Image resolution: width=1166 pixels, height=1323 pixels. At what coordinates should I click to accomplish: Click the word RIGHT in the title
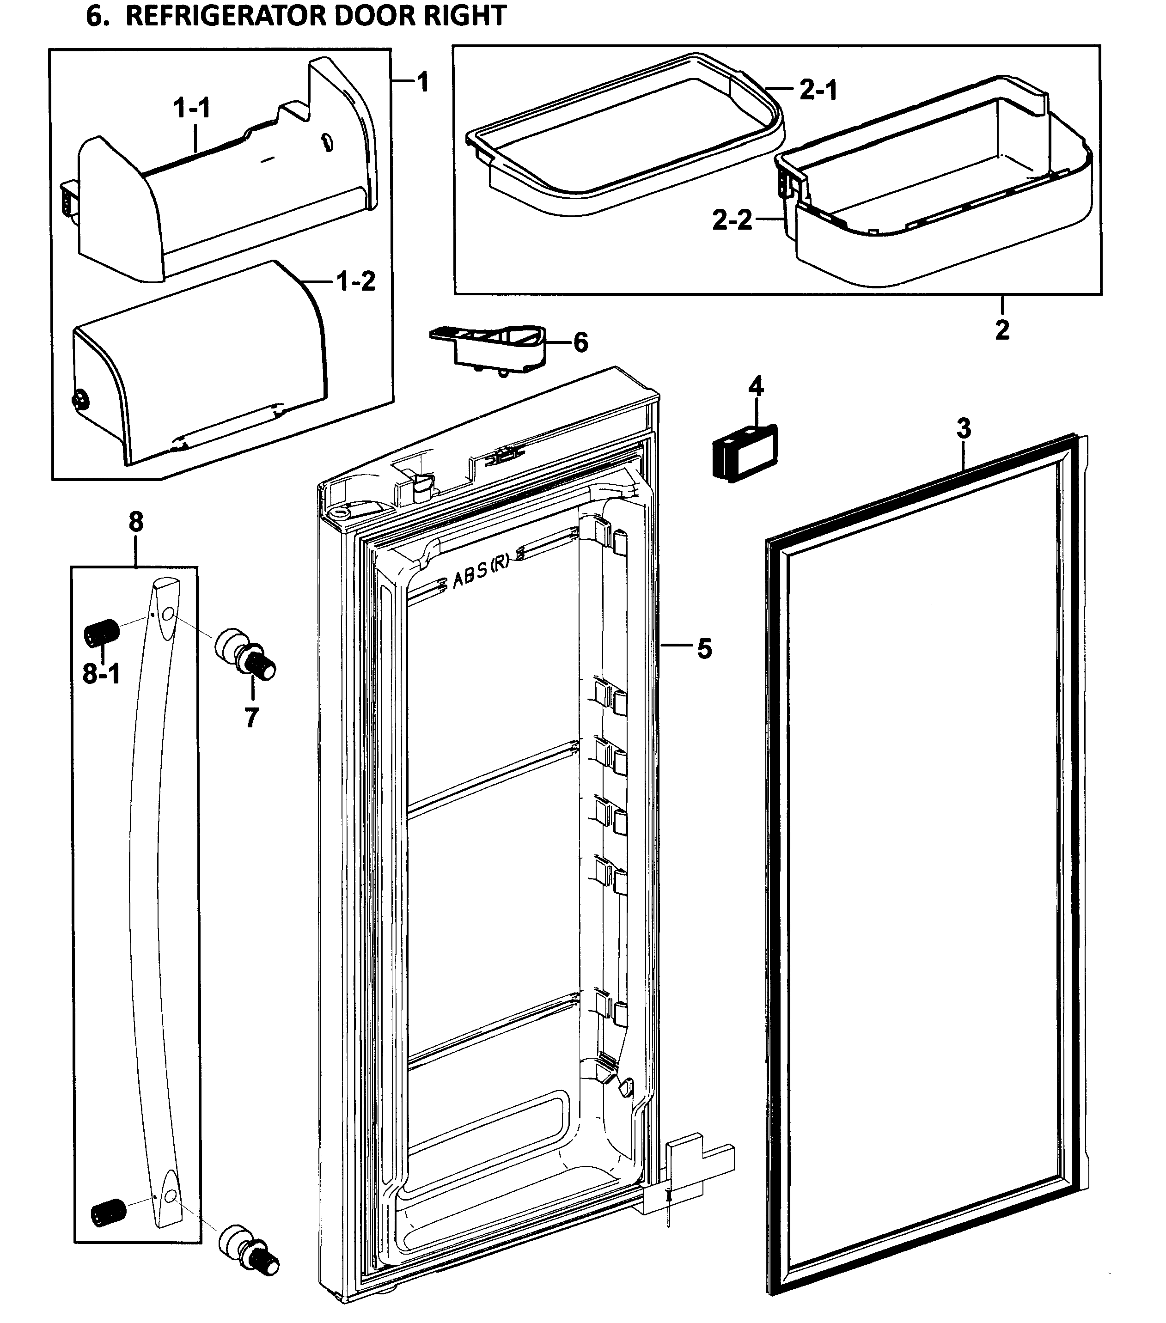pyautogui.click(x=464, y=16)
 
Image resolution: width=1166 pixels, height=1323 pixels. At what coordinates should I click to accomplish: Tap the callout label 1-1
pyautogui.click(x=192, y=108)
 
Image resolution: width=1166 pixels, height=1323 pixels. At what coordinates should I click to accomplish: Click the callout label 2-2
pyautogui.click(x=732, y=221)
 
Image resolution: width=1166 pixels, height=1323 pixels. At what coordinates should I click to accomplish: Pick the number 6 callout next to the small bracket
pyautogui.click(x=581, y=342)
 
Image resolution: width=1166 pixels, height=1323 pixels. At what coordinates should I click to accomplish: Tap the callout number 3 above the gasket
pyautogui.click(x=964, y=428)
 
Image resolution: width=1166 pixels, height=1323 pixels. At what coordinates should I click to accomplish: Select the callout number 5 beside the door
pyautogui.click(x=704, y=648)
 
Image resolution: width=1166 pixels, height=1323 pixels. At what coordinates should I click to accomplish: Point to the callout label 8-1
pyautogui.click(x=102, y=675)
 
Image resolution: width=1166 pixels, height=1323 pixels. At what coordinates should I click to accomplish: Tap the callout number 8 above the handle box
pyautogui.click(x=136, y=521)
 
